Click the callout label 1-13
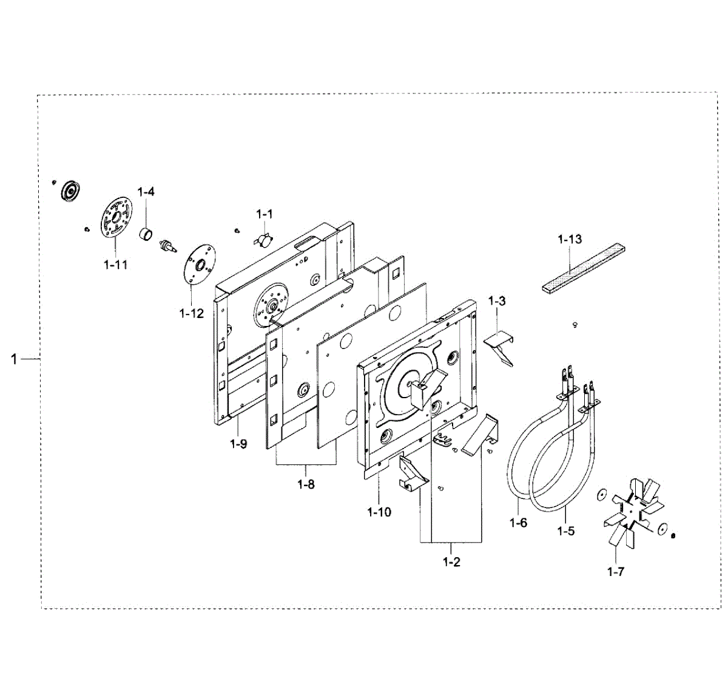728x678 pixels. [570, 239]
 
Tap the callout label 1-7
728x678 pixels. [615, 572]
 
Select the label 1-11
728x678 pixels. [115, 265]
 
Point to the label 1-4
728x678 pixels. [146, 192]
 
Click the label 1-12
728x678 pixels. [191, 313]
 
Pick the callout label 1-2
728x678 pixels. [451, 562]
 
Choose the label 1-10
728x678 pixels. [379, 512]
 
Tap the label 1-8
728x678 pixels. [306, 484]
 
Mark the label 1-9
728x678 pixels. [238, 444]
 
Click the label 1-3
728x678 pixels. [496, 301]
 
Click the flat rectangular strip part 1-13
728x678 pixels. [584, 268]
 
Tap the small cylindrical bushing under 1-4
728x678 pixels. [146, 232]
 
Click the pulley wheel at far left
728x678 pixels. [72, 191]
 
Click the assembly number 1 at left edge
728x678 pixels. [14, 360]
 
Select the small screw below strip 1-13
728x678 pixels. [575, 325]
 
